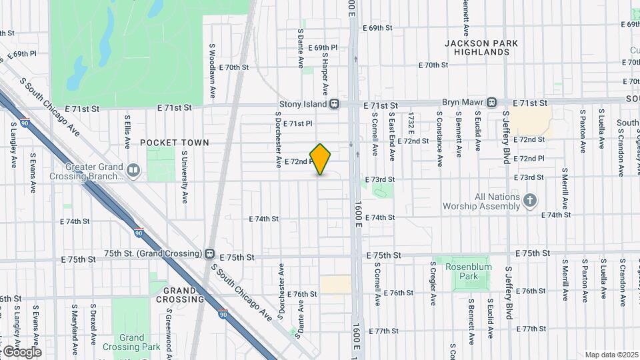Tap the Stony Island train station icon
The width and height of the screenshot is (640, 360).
tap(335, 104)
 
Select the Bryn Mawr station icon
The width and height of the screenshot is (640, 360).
tap(491, 103)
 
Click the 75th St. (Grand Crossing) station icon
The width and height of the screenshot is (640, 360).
tap(210, 254)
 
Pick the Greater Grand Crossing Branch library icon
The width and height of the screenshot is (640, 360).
tap(134, 171)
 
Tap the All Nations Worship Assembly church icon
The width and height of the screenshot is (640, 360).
tap(529, 200)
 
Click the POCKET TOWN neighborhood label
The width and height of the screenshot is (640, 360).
tap(175, 143)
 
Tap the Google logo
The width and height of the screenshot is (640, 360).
tap(21, 351)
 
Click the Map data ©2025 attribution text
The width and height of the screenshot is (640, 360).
tap(611, 355)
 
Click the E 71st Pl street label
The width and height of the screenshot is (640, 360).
tap(298, 123)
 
